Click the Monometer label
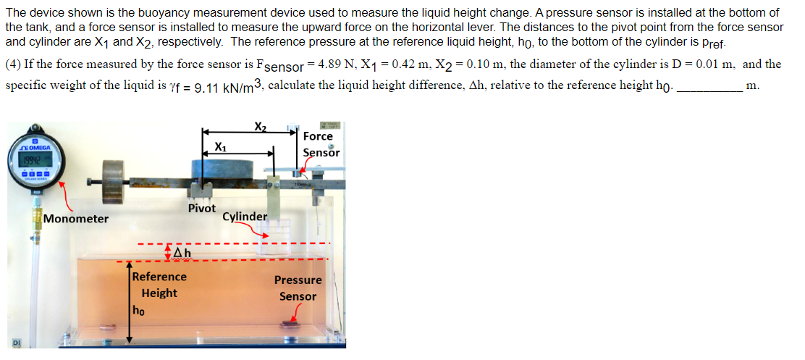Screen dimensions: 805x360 [x=76, y=219]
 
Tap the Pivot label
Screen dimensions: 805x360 [x=202, y=209]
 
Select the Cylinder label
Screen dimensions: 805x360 [x=245, y=217]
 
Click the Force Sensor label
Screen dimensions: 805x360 [x=319, y=143]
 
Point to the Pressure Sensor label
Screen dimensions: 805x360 [x=298, y=288]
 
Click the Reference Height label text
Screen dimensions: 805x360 [x=159, y=285]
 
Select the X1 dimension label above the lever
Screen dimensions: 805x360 [x=220, y=147]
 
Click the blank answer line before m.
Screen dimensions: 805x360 [x=709, y=85]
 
